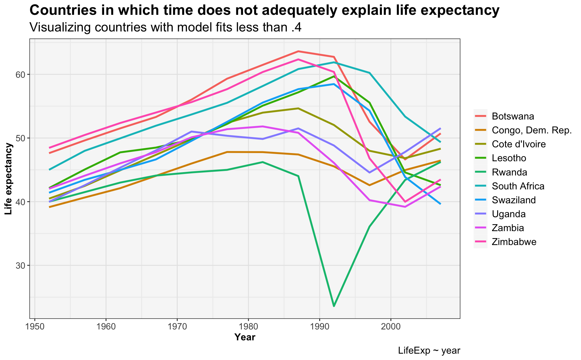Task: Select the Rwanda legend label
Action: coord(509,172)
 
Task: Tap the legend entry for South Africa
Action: coord(518,186)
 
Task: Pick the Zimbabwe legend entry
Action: coord(514,242)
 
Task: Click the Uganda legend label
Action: coord(509,214)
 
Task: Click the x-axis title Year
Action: coord(245,337)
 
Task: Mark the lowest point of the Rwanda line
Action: coord(334,306)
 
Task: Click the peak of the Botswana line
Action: coord(298,51)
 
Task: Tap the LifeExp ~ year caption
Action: coord(429,351)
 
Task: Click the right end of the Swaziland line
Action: coord(440,204)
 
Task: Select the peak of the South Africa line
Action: coord(334,62)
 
